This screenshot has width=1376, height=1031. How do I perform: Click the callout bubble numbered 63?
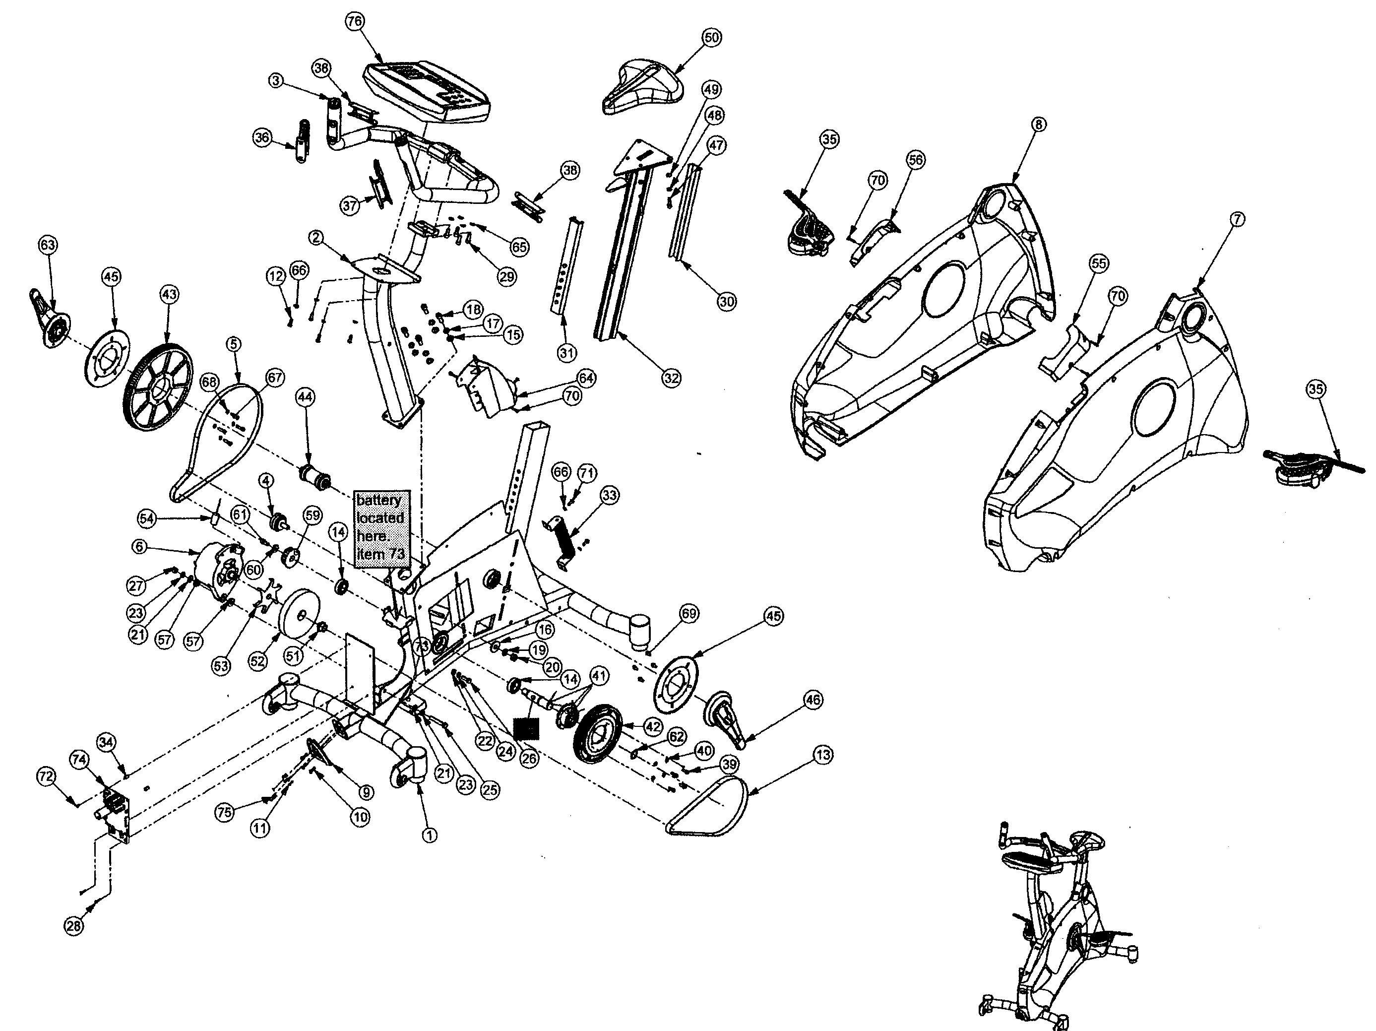[48, 245]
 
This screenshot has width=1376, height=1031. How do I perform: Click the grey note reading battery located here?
[380, 526]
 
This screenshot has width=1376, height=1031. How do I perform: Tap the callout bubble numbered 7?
[1237, 219]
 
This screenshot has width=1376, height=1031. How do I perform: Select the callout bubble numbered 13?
[822, 755]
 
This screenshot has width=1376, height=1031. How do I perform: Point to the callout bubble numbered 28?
[73, 926]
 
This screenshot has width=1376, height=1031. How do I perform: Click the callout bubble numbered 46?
[813, 700]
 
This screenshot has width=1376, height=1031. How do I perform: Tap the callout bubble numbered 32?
[671, 378]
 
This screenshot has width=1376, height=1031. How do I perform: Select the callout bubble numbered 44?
[306, 396]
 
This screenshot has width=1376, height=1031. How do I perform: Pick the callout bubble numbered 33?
[610, 495]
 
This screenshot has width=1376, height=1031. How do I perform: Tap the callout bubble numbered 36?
[262, 137]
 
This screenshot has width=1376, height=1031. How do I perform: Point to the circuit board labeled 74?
[117, 812]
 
